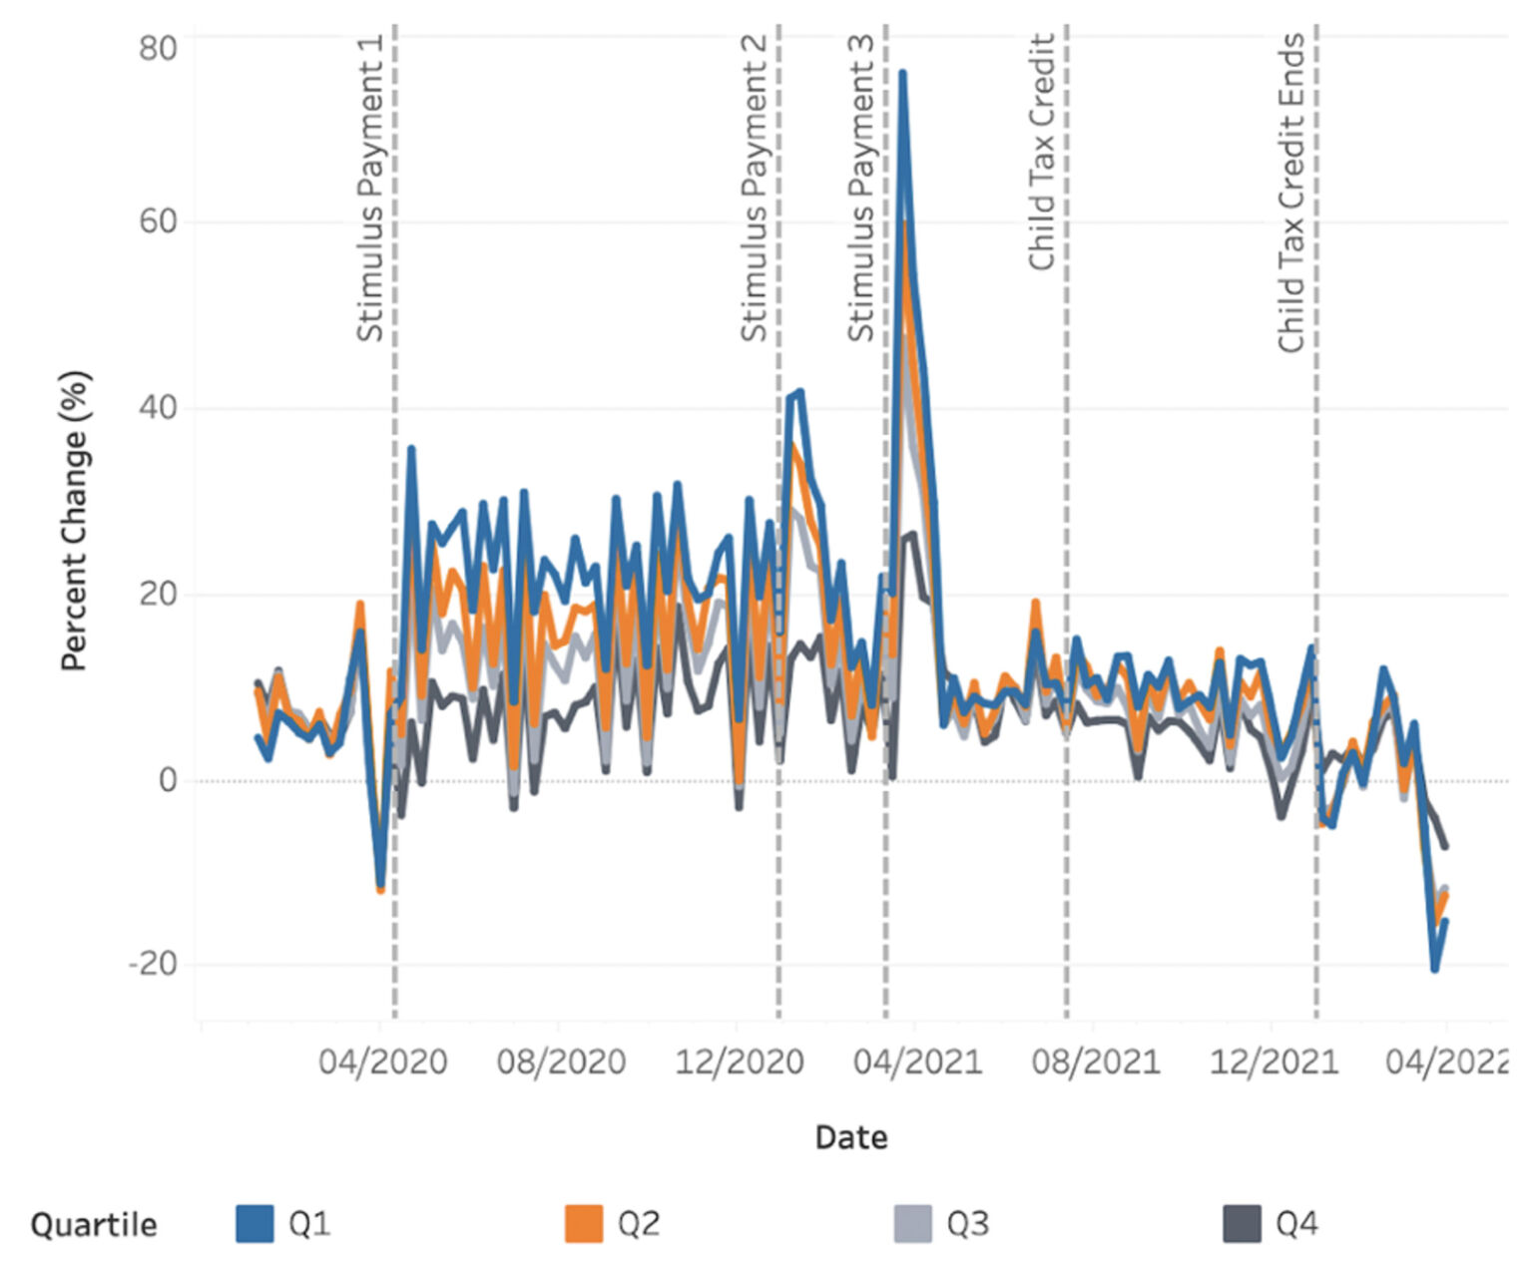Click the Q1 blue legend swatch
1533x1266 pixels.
(255, 1223)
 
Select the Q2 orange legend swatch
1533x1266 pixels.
(584, 1223)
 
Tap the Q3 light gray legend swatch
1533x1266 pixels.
(913, 1223)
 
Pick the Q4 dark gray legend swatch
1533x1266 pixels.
(1242, 1223)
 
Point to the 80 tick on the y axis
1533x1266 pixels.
(158, 48)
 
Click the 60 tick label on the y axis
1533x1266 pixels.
(158, 220)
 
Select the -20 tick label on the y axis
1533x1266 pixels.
(153, 964)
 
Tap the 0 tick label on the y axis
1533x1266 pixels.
(168, 779)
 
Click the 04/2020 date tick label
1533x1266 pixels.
(382, 1061)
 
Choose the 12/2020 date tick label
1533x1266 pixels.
(740, 1061)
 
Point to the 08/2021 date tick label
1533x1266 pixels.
(1096, 1061)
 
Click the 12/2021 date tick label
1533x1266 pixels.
(1274, 1061)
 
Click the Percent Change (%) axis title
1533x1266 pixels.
(75, 520)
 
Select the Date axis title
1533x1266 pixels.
(850, 1137)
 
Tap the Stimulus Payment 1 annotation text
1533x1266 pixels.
(369, 188)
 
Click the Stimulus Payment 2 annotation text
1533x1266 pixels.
(754, 188)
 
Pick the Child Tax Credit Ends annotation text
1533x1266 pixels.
(1291, 193)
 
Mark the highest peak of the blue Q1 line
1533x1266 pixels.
(902, 73)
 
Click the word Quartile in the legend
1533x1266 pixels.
(94, 1224)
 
